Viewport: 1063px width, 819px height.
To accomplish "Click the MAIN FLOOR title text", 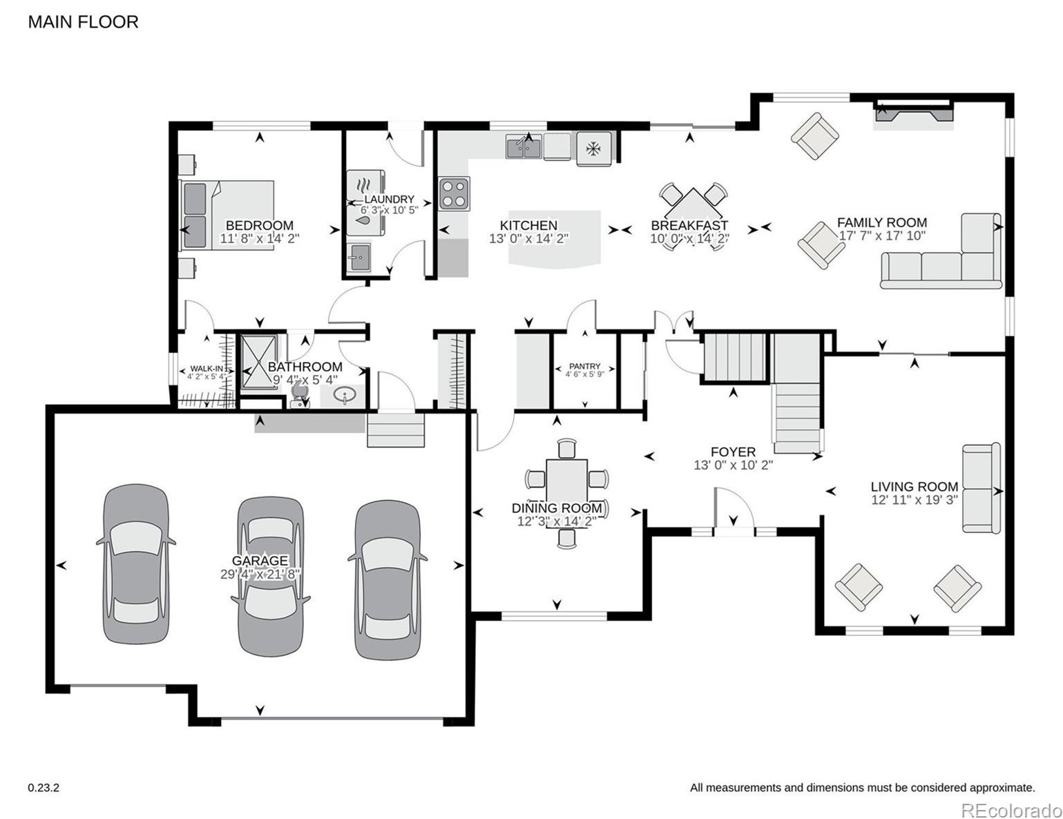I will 83,22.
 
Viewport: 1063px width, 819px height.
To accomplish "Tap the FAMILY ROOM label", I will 881,222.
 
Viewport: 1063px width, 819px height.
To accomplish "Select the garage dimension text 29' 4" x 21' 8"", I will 260,574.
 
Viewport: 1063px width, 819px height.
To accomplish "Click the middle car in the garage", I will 270,577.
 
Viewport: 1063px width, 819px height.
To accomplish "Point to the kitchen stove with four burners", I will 454,193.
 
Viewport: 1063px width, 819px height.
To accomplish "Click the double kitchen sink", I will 523,147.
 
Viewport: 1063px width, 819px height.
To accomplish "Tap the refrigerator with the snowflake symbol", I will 593,148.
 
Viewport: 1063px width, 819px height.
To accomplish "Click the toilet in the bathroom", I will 299,394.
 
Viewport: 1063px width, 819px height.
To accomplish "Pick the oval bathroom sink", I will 344,396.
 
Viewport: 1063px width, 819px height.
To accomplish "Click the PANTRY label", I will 584,366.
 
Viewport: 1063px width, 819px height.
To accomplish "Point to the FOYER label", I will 733,452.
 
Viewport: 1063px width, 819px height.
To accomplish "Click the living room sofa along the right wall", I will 981,488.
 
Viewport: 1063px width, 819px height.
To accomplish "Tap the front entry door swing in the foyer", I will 732,511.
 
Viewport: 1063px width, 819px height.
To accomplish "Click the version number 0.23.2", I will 44,787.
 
